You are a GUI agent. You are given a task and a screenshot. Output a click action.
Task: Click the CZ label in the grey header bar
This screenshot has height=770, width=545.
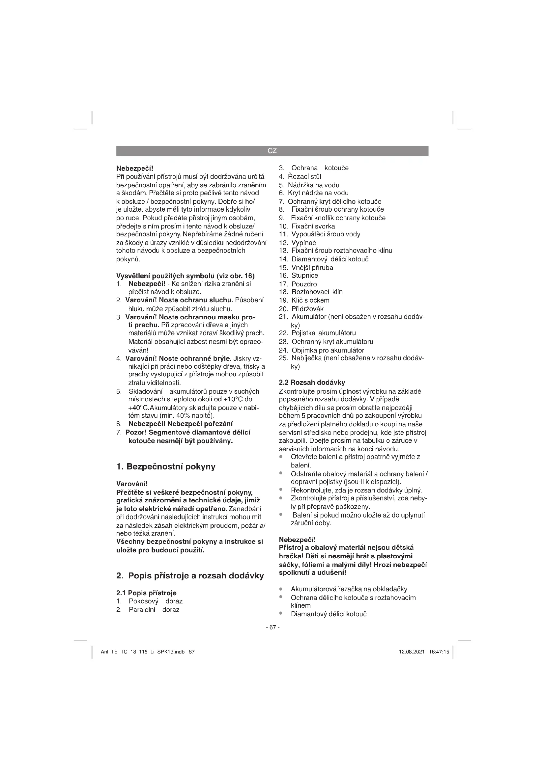pos(272,151)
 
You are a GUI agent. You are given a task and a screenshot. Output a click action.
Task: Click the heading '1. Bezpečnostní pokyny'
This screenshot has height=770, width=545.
pos(166,466)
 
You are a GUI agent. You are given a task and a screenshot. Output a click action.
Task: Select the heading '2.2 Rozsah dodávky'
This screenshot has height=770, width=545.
pos(312,382)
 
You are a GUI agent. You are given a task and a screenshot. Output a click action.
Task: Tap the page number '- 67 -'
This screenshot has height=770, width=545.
pos(272,627)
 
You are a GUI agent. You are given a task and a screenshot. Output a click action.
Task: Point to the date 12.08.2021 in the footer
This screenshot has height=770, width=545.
pos(412,652)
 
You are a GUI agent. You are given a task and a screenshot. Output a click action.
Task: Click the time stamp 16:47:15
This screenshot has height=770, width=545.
pos(439,652)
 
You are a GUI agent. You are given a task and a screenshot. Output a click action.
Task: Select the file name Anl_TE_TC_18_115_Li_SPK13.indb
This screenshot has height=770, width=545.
pos(143,652)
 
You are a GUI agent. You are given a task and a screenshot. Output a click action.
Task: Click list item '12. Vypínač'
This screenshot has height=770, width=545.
pos(298,243)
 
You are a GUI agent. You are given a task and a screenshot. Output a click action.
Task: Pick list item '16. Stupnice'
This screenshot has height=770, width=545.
pos(298,276)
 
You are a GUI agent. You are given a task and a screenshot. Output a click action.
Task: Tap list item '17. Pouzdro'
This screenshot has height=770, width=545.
pos(298,284)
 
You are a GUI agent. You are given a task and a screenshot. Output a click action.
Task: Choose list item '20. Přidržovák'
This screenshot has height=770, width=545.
pos(301,308)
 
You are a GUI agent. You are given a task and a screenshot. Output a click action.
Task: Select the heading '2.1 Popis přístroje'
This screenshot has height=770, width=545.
pos(146,593)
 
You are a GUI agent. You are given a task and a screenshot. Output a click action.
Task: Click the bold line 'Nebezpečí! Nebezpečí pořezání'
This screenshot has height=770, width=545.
pos(180,424)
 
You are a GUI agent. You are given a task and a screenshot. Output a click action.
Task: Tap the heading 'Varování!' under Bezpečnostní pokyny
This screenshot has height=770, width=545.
pos(132,484)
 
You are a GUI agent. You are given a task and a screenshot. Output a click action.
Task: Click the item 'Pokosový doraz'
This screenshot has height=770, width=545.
pos(156,601)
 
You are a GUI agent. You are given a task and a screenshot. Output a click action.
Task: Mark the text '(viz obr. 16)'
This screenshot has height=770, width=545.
pos(236,276)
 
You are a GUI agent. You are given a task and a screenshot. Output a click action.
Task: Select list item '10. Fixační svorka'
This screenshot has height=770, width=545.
pos(307,226)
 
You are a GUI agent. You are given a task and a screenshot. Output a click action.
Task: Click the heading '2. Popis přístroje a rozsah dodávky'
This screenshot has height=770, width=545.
pos(190,576)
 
